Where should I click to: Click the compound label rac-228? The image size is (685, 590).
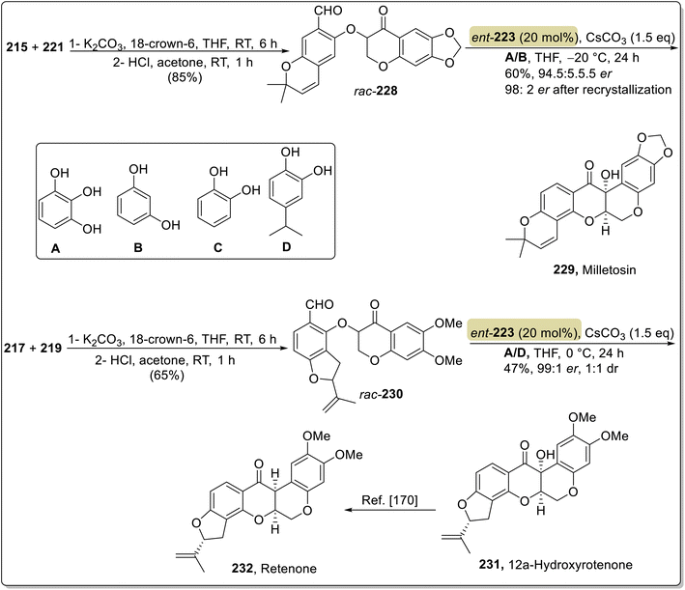tap(376, 91)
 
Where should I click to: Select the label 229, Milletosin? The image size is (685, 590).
tap(594, 269)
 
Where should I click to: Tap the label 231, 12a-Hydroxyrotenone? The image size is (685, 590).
tap(556, 565)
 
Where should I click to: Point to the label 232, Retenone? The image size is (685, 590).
tap(274, 568)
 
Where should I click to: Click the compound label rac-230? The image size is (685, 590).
tap(381, 394)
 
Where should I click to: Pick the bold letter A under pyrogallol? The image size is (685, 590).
tap(55, 248)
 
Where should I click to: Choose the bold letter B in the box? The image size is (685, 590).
tap(138, 247)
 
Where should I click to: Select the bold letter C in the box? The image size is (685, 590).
tap(217, 247)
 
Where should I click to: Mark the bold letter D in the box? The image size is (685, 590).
tap(286, 247)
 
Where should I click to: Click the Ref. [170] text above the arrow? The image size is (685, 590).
tap(389, 499)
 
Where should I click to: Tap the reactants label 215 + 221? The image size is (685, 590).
tap(35, 46)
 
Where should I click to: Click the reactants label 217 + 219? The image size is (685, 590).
tap(33, 348)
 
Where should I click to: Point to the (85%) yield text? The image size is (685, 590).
tap(185, 77)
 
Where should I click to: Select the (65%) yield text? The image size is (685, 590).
tap(166, 375)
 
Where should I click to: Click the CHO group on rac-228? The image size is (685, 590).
tap(328, 11)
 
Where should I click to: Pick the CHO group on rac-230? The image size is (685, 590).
tap(320, 304)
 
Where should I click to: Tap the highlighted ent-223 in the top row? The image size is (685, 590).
tap(493, 37)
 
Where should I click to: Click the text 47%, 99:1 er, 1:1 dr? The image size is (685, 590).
tap(561, 368)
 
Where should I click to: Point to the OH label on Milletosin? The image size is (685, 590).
tap(611, 175)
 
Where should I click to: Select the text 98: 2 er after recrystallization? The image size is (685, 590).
tap(588, 90)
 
